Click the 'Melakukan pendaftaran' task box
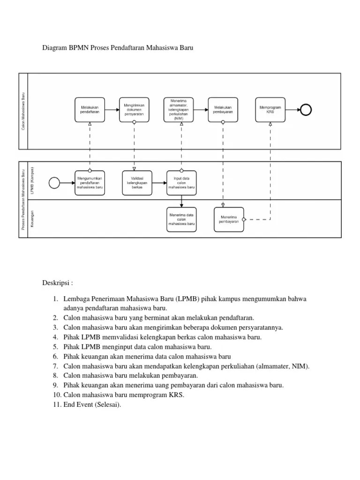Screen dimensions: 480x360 point(90,110)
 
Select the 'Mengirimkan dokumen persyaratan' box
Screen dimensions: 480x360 point(134,110)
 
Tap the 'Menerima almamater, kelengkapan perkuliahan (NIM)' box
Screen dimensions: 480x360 point(178,110)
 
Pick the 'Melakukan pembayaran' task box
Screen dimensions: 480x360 point(223,110)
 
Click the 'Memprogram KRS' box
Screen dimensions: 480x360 point(270,110)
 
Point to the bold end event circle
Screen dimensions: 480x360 point(306,110)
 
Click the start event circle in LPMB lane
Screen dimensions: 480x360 point(54,182)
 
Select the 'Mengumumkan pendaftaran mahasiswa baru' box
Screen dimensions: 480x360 point(90,182)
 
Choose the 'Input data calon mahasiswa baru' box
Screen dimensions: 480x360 point(181,182)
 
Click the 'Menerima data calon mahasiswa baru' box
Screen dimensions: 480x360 point(181,219)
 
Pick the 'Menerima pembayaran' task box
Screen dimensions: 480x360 point(229,219)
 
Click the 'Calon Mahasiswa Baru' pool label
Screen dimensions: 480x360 point(23,111)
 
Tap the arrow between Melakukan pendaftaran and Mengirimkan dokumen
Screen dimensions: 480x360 point(112,110)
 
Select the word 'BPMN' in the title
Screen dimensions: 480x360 point(79,48)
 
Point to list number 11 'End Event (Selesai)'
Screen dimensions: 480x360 point(92,405)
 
